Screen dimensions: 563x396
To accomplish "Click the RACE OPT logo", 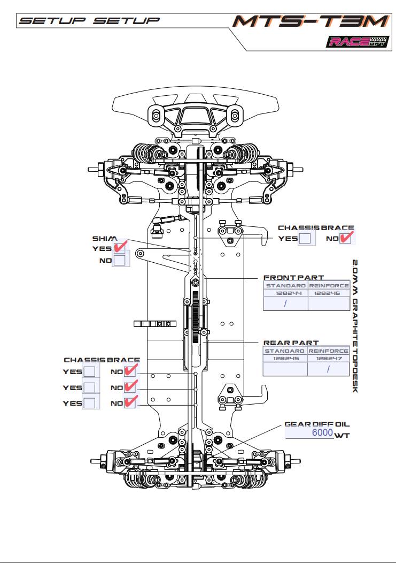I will point(355,42).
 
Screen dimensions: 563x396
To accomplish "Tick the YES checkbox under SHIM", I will point(119,247).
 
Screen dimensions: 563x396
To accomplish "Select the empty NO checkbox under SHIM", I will point(119,261).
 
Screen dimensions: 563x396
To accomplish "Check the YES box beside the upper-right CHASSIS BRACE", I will point(305,239).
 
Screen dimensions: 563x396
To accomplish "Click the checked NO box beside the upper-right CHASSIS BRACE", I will point(346,238).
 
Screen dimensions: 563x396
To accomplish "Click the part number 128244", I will point(285,293).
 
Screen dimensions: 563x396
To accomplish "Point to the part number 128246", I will point(328,293).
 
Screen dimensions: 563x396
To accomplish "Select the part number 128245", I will point(285,359).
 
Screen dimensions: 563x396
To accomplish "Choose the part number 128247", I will point(328,359).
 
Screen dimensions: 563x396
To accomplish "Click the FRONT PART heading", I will point(293,278).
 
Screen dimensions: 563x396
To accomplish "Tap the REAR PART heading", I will point(291,343).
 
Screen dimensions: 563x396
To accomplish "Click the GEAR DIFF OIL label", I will point(317,424).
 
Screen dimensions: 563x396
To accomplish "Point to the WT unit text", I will point(341,436).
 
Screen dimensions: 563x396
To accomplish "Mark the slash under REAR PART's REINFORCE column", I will point(328,369).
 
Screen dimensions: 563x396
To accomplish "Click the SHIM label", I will point(104,238).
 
